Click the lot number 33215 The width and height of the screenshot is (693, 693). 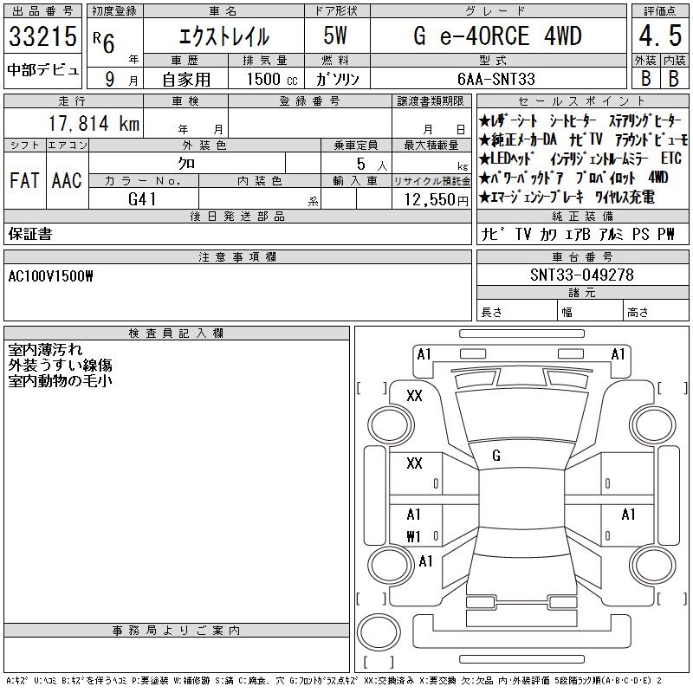click(42, 36)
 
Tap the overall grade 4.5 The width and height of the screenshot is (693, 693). click(660, 36)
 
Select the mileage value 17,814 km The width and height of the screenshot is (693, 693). click(94, 123)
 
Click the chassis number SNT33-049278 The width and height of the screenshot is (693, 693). click(582, 275)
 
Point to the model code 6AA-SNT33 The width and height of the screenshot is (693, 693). click(496, 79)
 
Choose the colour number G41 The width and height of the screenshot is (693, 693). click(142, 199)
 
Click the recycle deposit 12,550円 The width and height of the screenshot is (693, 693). click(437, 200)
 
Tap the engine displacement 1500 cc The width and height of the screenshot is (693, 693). click(272, 79)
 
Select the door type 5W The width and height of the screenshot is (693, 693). click(335, 36)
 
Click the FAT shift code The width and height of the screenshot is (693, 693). click(24, 180)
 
